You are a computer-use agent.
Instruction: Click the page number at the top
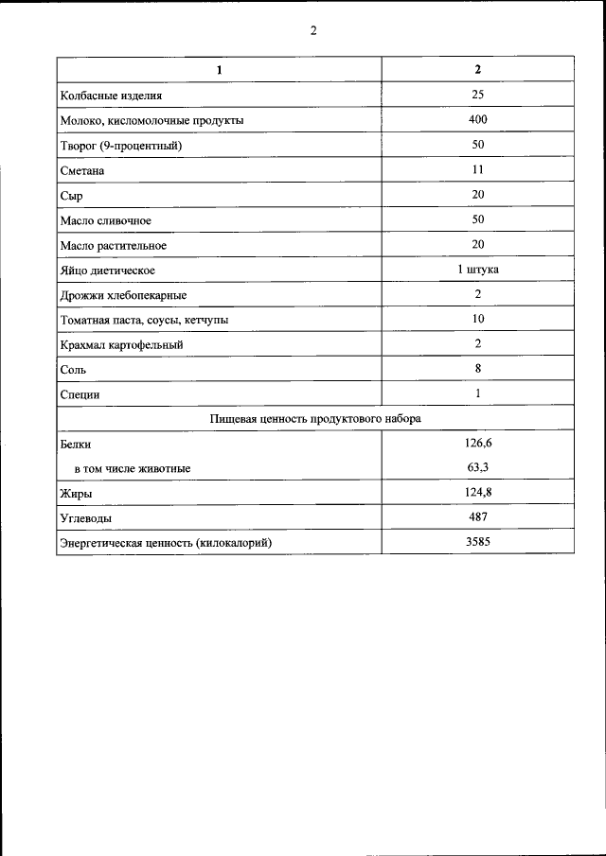point(312,30)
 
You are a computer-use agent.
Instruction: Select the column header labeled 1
point(219,70)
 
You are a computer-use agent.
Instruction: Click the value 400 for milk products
point(477,120)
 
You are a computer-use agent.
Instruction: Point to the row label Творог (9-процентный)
point(120,147)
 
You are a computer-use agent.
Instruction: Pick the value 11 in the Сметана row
point(477,170)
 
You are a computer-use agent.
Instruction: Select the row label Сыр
point(72,196)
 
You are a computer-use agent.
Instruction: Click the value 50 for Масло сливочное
point(477,219)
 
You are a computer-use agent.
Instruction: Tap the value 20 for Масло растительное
point(477,244)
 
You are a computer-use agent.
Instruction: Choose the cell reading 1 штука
point(477,270)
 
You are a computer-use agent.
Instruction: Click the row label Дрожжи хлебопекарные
point(123,295)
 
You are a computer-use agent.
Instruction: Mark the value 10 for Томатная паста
point(477,319)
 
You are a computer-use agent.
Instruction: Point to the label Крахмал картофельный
point(121,345)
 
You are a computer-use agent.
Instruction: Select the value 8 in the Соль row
point(477,369)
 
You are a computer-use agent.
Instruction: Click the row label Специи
point(80,394)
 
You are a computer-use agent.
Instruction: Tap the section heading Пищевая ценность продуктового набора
point(314,418)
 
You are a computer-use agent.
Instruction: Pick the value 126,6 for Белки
point(477,442)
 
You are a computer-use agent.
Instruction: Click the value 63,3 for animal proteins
point(477,466)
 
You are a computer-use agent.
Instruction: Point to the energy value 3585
point(477,542)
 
